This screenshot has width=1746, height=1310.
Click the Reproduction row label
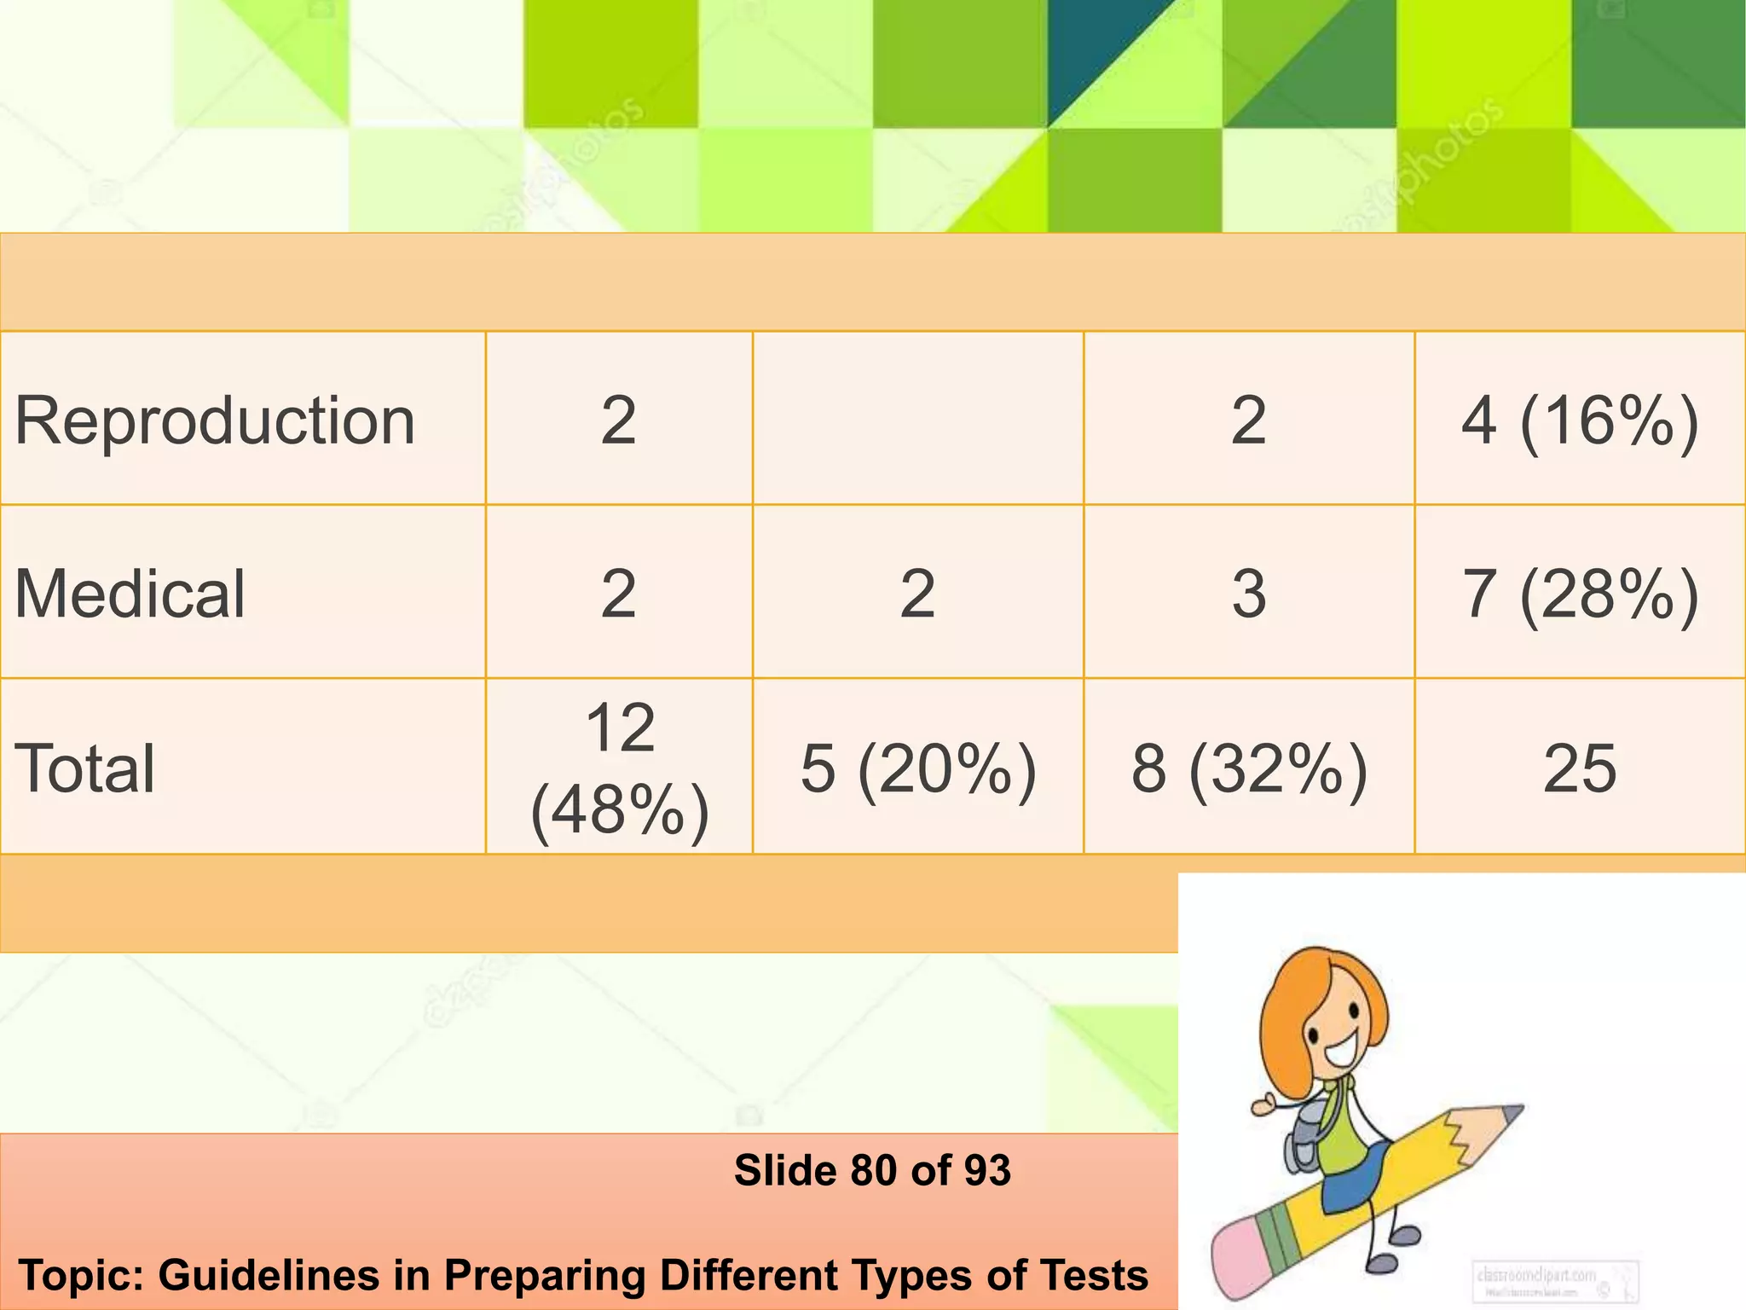coord(215,420)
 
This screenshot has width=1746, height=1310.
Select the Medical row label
coord(130,594)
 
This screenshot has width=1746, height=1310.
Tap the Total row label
coord(85,768)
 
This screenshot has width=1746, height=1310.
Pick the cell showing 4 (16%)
coord(1580,420)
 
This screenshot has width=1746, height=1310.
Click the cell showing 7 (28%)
coord(1580,594)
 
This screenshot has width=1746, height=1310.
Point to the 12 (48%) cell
coord(620,768)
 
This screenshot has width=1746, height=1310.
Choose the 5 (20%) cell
coord(918,768)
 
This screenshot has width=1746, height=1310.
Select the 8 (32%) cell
coord(1249,768)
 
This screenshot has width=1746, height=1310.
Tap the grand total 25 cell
coord(1580,768)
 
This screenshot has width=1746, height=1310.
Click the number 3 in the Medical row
coord(1249,594)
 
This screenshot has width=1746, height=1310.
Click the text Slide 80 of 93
coord(872,1170)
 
